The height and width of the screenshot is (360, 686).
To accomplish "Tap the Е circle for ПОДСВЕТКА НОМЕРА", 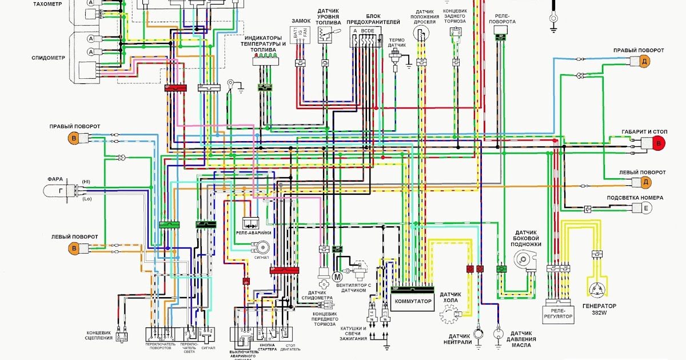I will [646, 209].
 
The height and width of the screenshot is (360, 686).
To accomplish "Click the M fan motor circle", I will [336, 277].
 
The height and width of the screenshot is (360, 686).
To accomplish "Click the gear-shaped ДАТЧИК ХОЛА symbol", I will [450, 314].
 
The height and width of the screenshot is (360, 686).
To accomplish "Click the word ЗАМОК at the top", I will [301, 21].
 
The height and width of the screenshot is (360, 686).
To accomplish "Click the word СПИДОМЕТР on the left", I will [49, 58].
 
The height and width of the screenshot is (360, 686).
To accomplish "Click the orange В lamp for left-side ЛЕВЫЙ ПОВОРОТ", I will [73, 248].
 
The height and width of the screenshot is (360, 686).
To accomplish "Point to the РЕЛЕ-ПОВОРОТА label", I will [502, 18].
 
